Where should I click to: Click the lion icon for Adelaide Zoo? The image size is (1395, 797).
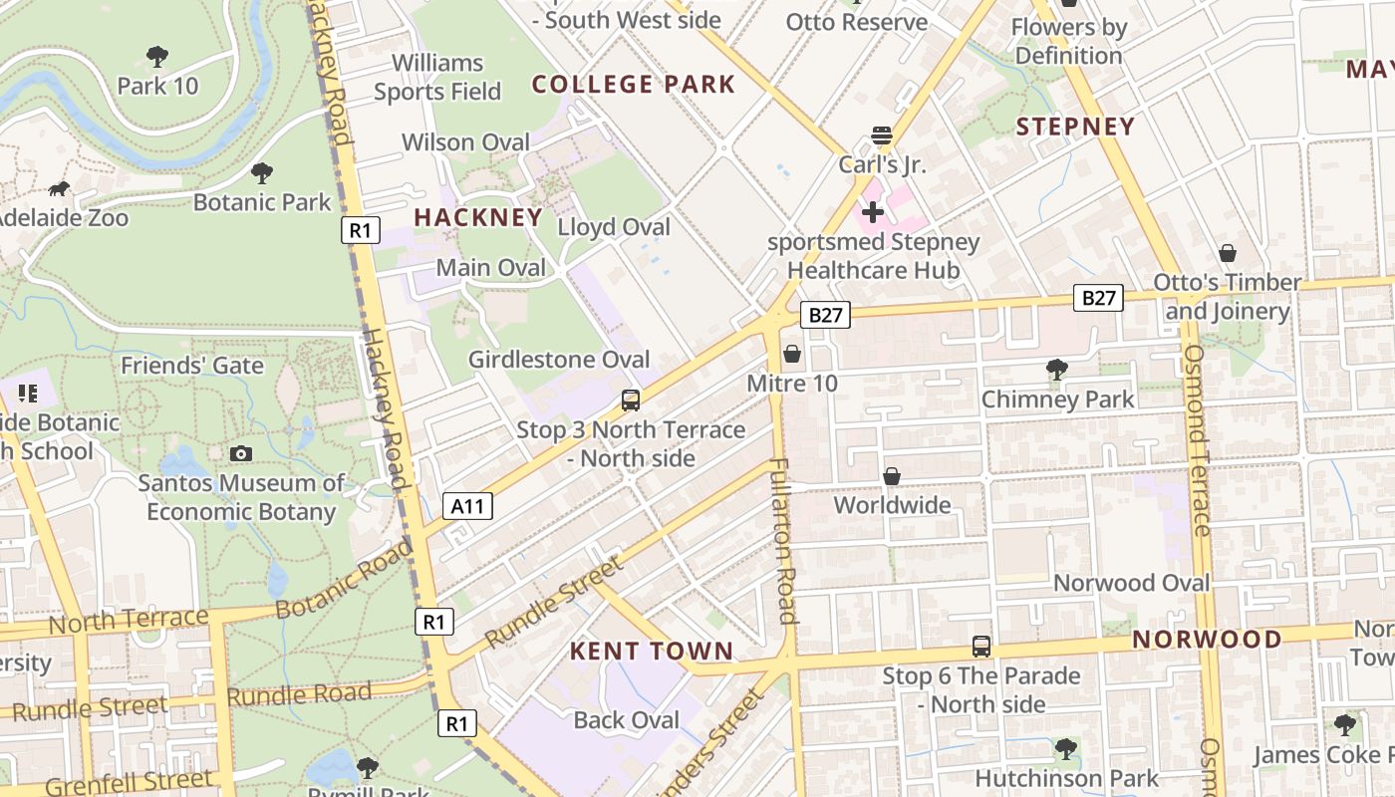[59, 189]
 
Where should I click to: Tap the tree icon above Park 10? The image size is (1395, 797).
[156, 56]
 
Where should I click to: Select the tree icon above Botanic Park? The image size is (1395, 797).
[261, 173]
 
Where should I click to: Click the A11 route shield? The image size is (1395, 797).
[466, 506]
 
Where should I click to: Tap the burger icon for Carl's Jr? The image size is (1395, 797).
[881, 134]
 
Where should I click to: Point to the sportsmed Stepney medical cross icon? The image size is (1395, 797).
[873, 212]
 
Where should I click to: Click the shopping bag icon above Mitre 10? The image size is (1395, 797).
[792, 354]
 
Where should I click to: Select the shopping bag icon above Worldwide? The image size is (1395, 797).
[892, 476]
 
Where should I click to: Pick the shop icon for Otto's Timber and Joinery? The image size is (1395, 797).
[1227, 254]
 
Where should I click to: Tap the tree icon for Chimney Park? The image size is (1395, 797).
[1057, 371]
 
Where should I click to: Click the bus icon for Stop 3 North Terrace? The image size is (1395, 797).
[630, 400]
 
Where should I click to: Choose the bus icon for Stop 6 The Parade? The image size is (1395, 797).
[981, 647]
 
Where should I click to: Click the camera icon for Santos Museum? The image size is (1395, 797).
[240, 454]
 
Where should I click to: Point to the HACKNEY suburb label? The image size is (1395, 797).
[478, 217]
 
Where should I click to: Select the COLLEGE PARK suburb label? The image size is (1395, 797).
[633, 85]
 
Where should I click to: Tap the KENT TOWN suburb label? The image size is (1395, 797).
[651, 652]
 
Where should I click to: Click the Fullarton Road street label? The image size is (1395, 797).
[784, 541]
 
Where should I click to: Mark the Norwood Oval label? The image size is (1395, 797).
[1131, 583]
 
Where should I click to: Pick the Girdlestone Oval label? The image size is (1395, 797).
[559, 360]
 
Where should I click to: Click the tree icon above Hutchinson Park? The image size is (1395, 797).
[1066, 748]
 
